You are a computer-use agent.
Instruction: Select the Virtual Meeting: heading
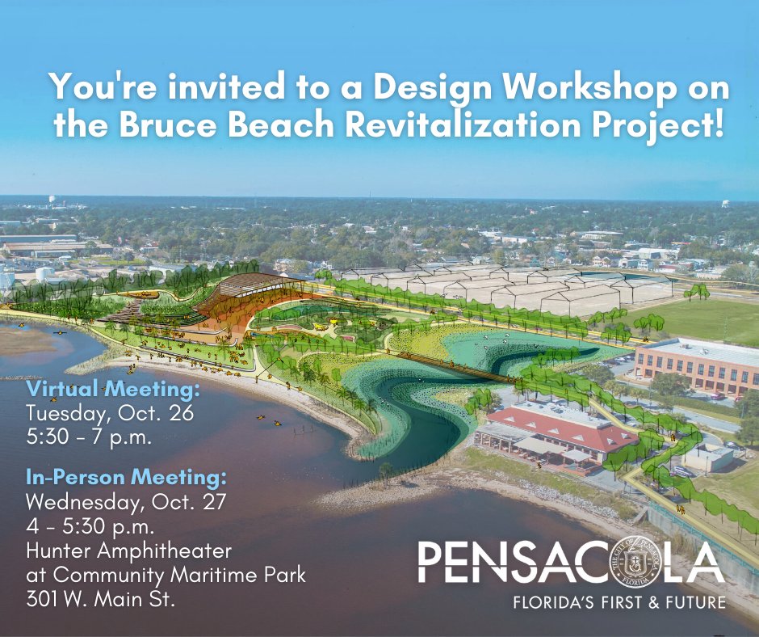113,391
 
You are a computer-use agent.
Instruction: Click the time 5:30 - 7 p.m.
90,436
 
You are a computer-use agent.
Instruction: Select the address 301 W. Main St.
102,599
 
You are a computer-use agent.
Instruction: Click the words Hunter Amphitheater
129,551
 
